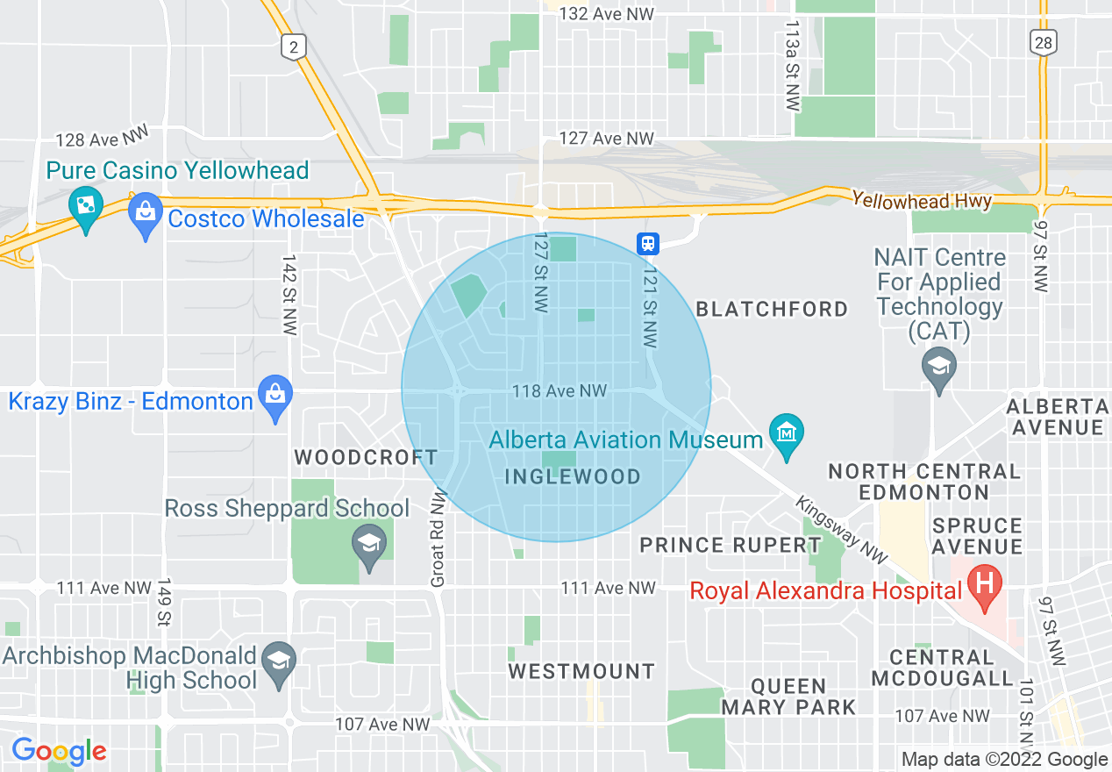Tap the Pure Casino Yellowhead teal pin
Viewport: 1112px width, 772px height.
pos(86,208)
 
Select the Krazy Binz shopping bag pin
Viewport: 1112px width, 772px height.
pos(275,396)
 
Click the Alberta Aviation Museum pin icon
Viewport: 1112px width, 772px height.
pos(786,433)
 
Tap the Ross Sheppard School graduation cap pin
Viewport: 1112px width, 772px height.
pos(369,545)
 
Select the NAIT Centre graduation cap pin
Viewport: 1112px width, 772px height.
pos(939,365)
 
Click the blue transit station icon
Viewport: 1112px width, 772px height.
pos(648,243)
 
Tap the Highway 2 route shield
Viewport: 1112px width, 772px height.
pos(295,45)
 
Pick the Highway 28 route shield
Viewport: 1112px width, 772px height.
pos(1044,41)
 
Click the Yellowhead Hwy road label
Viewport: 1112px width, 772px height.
pos(922,201)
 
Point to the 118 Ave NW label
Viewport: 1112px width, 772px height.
pos(560,391)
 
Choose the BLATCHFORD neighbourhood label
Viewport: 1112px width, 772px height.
pos(772,309)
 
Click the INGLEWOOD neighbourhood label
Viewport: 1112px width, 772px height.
pos(574,477)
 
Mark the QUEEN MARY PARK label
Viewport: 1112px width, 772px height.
pos(789,697)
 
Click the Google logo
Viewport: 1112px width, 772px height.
pos(58,751)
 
